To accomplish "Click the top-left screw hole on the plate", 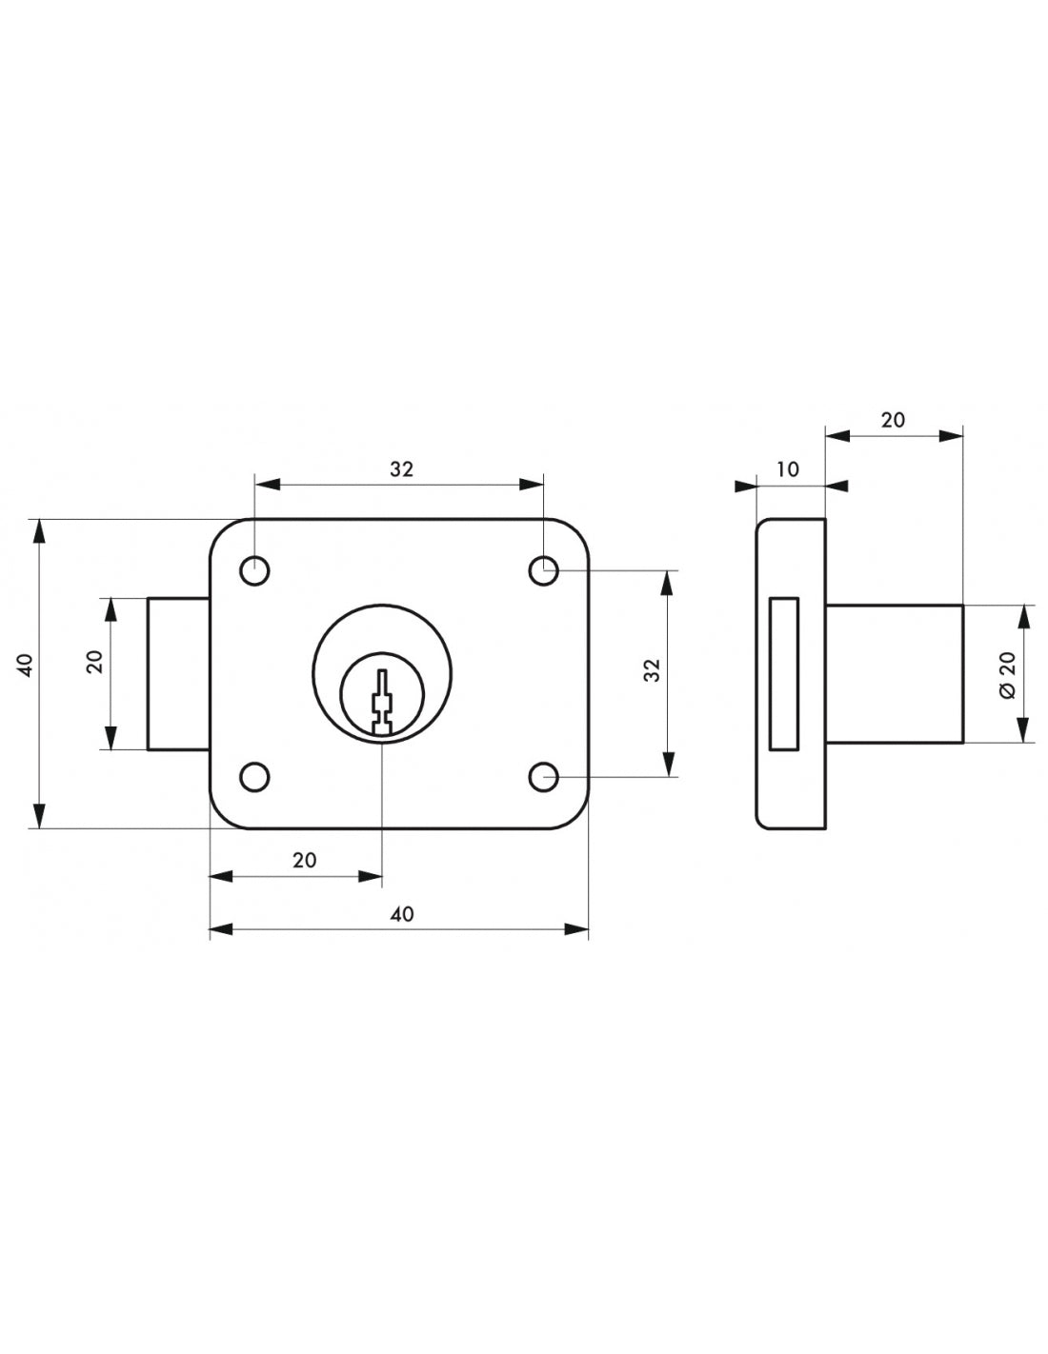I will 254,571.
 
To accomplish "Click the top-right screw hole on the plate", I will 543,571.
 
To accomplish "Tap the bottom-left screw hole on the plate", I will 254,777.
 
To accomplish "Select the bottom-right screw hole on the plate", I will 543,777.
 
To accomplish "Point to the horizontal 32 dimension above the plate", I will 401,468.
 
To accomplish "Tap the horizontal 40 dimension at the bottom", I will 402,914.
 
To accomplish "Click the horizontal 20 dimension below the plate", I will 304,860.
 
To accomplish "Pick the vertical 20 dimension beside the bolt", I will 94,662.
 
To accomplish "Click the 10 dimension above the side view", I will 788,469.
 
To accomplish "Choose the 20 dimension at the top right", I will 893,420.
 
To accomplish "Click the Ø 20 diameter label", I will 1008,673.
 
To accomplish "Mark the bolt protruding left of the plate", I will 178,673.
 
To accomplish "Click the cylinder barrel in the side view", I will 894,673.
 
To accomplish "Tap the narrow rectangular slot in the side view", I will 784,673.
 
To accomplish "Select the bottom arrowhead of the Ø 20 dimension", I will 1024,730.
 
